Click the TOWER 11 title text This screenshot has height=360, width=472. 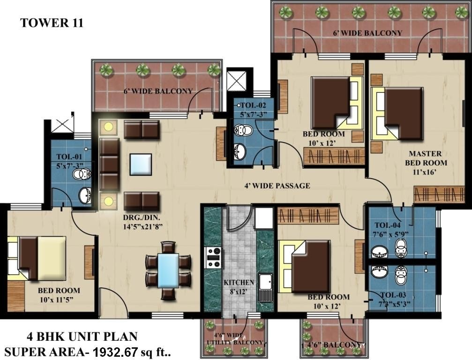coord(52,23)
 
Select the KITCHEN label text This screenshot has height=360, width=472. coord(239,283)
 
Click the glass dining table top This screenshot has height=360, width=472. coord(168,270)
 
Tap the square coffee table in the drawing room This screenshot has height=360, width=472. coord(141,164)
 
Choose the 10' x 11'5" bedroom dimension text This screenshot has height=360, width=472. coord(59,299)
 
